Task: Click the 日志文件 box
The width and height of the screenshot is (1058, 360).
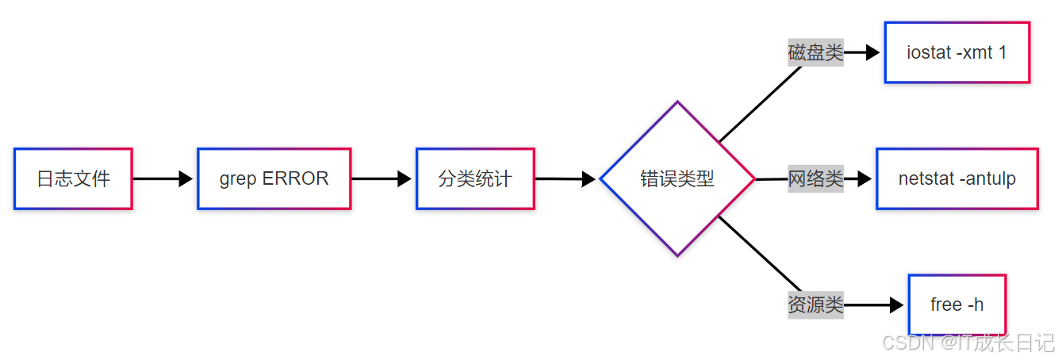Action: click(73, 178)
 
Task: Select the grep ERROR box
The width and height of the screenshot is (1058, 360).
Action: click(274, 178)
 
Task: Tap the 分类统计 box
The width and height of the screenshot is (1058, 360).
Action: click(475, 178)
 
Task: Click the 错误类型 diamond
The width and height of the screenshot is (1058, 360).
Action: click(677, 178)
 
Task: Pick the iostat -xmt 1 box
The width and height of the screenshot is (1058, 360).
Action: click(956, 52)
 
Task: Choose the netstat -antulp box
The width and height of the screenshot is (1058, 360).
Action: click(956, 178)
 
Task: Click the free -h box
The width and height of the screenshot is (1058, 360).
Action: click(956, 304)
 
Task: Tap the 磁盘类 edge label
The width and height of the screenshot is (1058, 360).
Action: click(815, 53)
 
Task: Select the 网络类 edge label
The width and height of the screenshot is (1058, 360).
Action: click(815, 178)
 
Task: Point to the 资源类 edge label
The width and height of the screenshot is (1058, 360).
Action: click(815, 304)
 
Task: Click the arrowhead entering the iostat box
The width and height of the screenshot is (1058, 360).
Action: click(873, 53)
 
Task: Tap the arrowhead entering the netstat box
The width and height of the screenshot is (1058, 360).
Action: click(864, 178)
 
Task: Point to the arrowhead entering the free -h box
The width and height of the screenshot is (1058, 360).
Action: click(896, 304)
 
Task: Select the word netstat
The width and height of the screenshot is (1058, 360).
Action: click(926, 178)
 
